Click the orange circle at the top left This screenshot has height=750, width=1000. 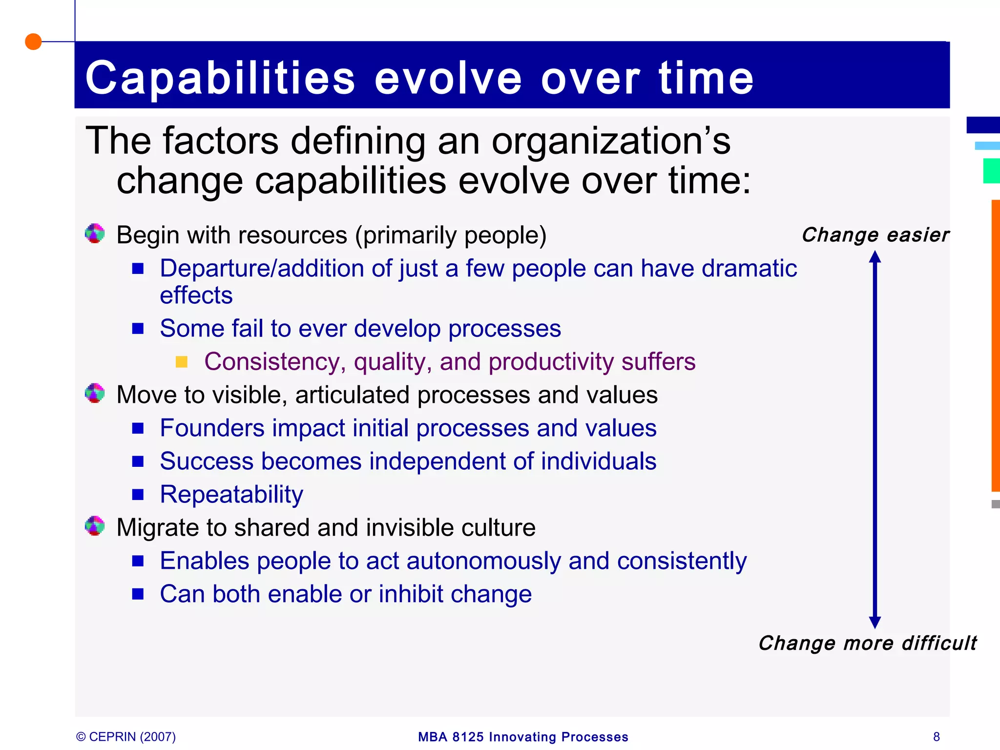pyautogui.click(x=33, y=42)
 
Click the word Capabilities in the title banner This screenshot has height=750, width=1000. pyautogui.click(x=220, y=78)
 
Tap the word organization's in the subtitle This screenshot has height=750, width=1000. pyautogui.click(x=610, y=142)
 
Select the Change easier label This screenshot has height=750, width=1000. pyautogui.click(x=875, y=235)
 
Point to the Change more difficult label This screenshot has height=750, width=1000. pyautogui.click(x=867, y=643)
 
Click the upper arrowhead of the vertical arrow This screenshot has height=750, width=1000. pyautogui.click(x=875, y=257)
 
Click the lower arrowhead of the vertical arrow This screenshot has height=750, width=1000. pyautogui.click(x=875, y=622)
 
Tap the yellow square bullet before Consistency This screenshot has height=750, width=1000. pyautogui.click(x=182, y=362)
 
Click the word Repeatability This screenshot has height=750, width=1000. pyautogui.click(x=231, y=494)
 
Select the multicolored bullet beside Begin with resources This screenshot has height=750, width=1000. pyautogui.click(x=95, y=233)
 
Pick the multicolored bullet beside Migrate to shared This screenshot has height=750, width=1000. pyautogui.click(x=95, y=526)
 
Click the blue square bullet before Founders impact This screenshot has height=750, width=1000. pyautogui.click(x=138, y=428)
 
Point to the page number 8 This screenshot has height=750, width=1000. pyautogui.click(x=936, y=737)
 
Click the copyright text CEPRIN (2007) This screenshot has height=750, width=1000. pyautogui.click(x=126, y=737)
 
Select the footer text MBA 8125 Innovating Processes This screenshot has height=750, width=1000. pyautogui.click(x=523, y=737)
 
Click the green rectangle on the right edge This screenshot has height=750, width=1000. pyautogui.click(x=991, y=171)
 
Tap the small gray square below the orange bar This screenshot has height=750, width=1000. pyautogui.click(x=996, y=504)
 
